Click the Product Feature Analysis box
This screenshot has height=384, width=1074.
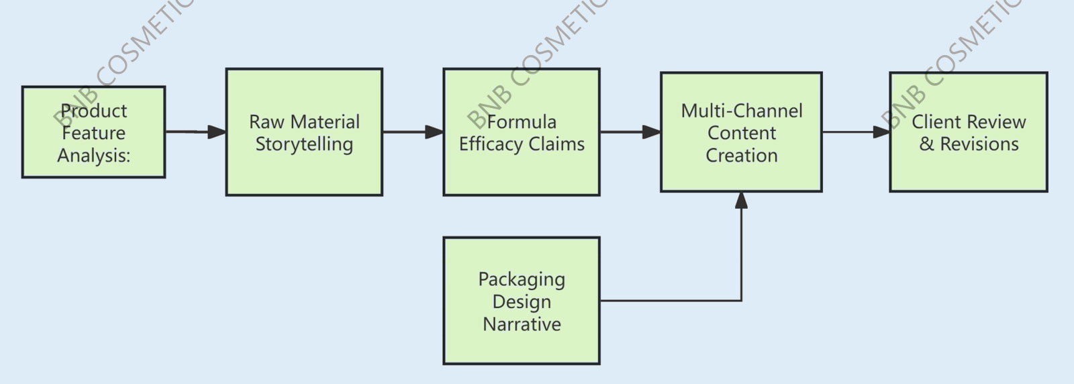tap(93, 132)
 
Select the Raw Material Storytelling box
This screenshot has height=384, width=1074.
tap(304, 132)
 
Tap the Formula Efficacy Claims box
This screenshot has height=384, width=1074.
tap(522, 132)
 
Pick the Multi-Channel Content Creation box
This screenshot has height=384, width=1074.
tap(741, 132)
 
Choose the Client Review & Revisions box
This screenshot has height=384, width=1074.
tap(968, 132)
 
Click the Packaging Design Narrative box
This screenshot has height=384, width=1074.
tap(522, 301)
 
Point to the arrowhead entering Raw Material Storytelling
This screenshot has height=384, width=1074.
tap(217, 132)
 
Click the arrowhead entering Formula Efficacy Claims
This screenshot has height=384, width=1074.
tap(435, 132)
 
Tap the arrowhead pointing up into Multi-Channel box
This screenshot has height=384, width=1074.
tap(741, 201)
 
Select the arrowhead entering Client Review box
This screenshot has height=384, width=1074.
tap(881, 132)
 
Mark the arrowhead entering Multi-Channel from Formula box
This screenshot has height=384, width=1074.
tap(652, 132)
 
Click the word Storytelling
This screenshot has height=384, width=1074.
tap(304, 144)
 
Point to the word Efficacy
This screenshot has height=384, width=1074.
tap(491, 144)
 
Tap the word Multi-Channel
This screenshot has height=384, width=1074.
tap(741, 111)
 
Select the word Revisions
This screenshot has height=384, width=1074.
tap(979, 144)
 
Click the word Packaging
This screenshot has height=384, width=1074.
tap(522, 279)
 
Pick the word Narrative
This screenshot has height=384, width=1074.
tap(522, 324)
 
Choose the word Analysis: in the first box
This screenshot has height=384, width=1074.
tap(93, 156)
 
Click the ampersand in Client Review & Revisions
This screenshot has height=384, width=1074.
tap(926, 144)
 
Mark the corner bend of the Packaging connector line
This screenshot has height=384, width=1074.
tap(741, 301)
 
